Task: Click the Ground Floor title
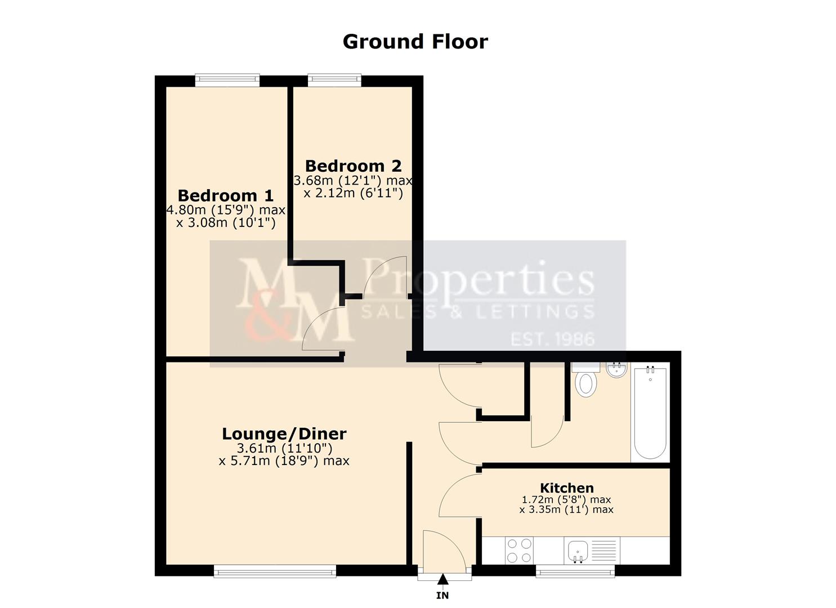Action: tap(415, 42)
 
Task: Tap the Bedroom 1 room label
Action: tap(225, 195)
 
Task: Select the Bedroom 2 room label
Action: tap(353, 166)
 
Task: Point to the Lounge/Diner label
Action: tap(284, 433)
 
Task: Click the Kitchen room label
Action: tap(566, 488)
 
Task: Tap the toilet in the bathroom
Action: tap(585, 379)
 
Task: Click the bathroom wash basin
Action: tap(616, 369)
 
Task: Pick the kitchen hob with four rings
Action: tap(519, 551)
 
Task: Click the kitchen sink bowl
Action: tap(578, 551)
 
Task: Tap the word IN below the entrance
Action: tap(442, 595)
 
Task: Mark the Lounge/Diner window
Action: tap(275, 571)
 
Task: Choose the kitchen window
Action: tap(575, 571)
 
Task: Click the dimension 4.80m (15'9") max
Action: tap(225, 210)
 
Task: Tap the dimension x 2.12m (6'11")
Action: tap(353, 193)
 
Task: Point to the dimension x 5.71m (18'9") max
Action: tap(284, 461)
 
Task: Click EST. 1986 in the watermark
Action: tap(552, 339)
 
